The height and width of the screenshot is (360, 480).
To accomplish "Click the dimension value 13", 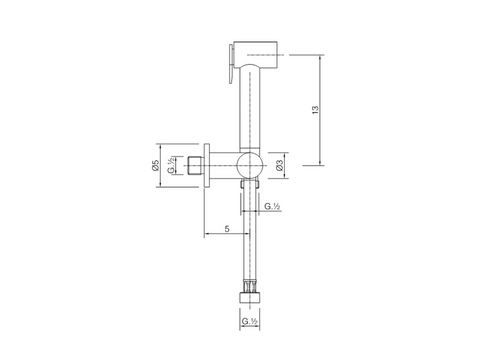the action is tap(315, 110).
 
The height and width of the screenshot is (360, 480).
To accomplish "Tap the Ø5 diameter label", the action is tap(156, 165).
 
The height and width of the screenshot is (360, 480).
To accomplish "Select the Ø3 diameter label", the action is tap(279, 165).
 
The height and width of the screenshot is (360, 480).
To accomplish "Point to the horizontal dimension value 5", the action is tap(227, 229).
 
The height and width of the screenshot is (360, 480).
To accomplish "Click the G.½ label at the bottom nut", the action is tap(249, 321).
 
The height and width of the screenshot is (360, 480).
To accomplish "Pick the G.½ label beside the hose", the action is tap(272, 206).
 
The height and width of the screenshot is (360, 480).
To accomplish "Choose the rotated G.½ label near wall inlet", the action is tap(171, 165).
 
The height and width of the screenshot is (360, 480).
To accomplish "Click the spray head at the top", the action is tap(256, 55).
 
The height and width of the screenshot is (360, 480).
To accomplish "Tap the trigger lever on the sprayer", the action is tap(231, 63).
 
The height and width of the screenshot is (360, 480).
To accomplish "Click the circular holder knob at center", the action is tap(250, 165).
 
